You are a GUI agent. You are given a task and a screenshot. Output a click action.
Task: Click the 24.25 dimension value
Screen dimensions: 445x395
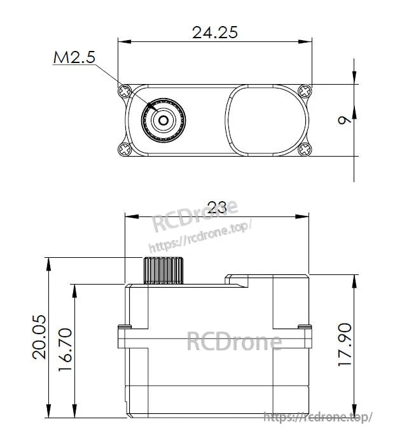click(214, 32)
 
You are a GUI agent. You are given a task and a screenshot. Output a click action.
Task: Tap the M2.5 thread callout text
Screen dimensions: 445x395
click(74, 58)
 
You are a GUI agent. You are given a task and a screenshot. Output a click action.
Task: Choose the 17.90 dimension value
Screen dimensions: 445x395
click(345, 344)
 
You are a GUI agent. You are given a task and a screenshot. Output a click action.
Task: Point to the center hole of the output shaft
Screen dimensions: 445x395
click(163, 119)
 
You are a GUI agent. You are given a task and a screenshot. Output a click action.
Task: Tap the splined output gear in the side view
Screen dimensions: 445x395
click(163, 270)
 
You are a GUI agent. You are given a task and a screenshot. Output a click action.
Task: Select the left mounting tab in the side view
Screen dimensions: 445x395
click(124, 337)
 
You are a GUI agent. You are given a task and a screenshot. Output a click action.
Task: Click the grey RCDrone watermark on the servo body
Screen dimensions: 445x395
click(234, 342)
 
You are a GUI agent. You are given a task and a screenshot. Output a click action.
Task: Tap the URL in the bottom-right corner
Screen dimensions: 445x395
click(317, 417)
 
